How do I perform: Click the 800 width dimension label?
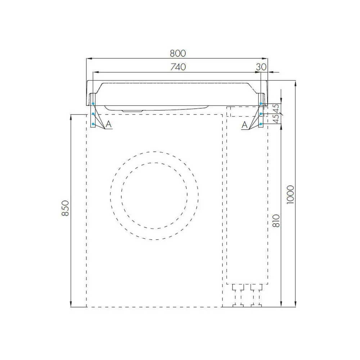pos(178,53)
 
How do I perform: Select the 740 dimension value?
pos(178,67)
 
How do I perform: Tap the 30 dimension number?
pos(261,67)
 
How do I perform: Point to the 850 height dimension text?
pos(66,208)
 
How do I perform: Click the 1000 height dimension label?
pos(291,195)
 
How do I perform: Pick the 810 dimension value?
pos(276,221)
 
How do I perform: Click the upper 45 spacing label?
pos(276,109)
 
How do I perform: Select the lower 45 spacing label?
pos(276,118)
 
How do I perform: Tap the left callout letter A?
pos(109,124)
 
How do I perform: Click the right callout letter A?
pos(245,125)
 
